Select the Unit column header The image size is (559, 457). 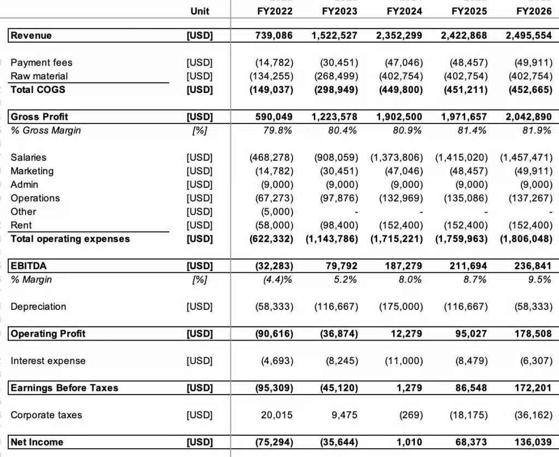200,11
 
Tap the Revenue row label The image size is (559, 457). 31,36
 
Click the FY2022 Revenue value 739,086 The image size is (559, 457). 274,36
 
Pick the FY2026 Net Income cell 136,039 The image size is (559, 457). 533,442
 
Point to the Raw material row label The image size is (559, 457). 39,76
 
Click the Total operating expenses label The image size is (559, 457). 70,239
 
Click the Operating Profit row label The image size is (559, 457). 48,333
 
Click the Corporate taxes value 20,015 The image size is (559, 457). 277,415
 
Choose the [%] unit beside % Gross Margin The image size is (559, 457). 200,130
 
